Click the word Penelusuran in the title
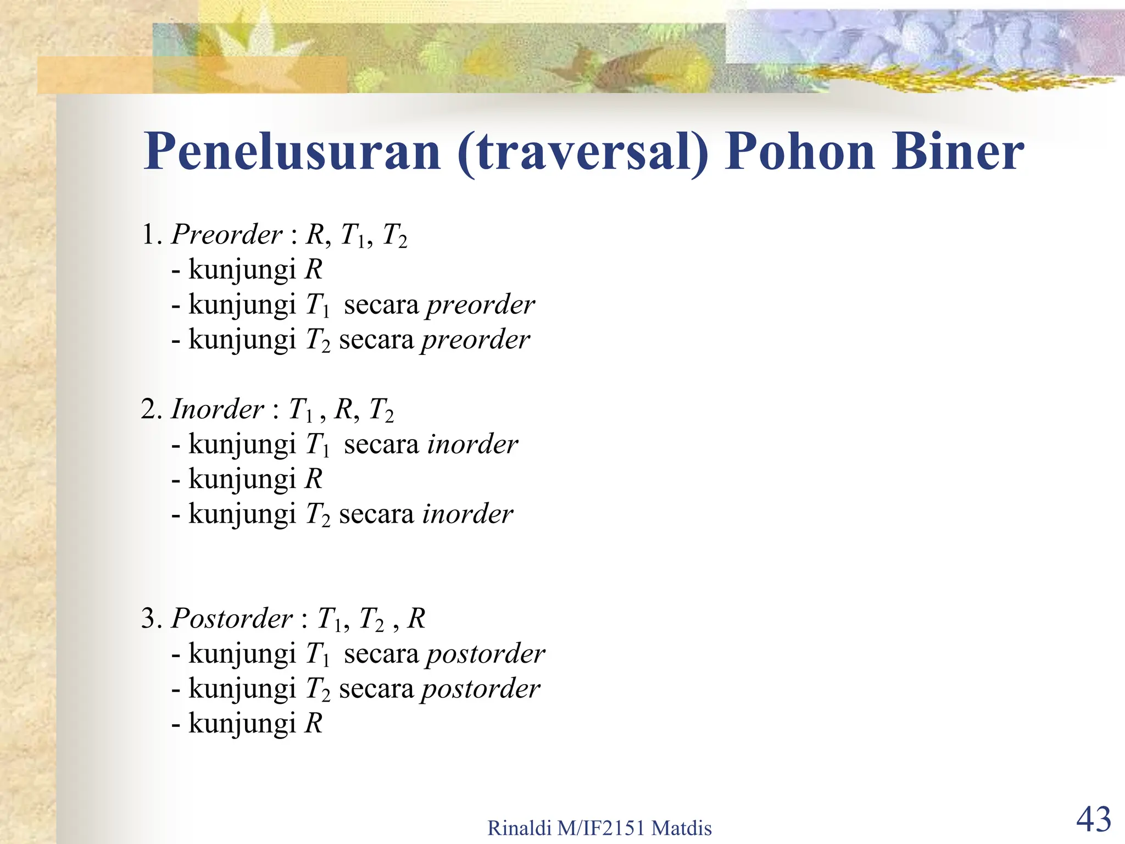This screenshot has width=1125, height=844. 292,152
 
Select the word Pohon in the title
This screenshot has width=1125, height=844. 800,152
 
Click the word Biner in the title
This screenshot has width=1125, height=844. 958,152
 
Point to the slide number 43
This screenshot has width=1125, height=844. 1093,819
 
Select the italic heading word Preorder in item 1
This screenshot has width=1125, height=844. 227,235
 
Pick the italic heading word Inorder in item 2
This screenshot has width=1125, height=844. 218,409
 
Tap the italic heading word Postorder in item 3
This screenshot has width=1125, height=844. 232,619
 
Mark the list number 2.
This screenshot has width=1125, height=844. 149,410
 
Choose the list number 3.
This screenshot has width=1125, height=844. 149,619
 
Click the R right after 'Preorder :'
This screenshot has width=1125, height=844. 315,235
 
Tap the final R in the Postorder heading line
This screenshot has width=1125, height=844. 416,619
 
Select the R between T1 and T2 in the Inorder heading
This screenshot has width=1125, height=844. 344,409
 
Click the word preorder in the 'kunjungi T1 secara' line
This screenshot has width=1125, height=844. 480,305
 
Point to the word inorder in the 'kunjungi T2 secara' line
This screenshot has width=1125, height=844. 467,514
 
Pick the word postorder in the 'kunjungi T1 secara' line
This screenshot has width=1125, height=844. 486,654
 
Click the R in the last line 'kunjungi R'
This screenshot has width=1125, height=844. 314,723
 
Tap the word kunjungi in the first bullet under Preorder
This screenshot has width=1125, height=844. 242,270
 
